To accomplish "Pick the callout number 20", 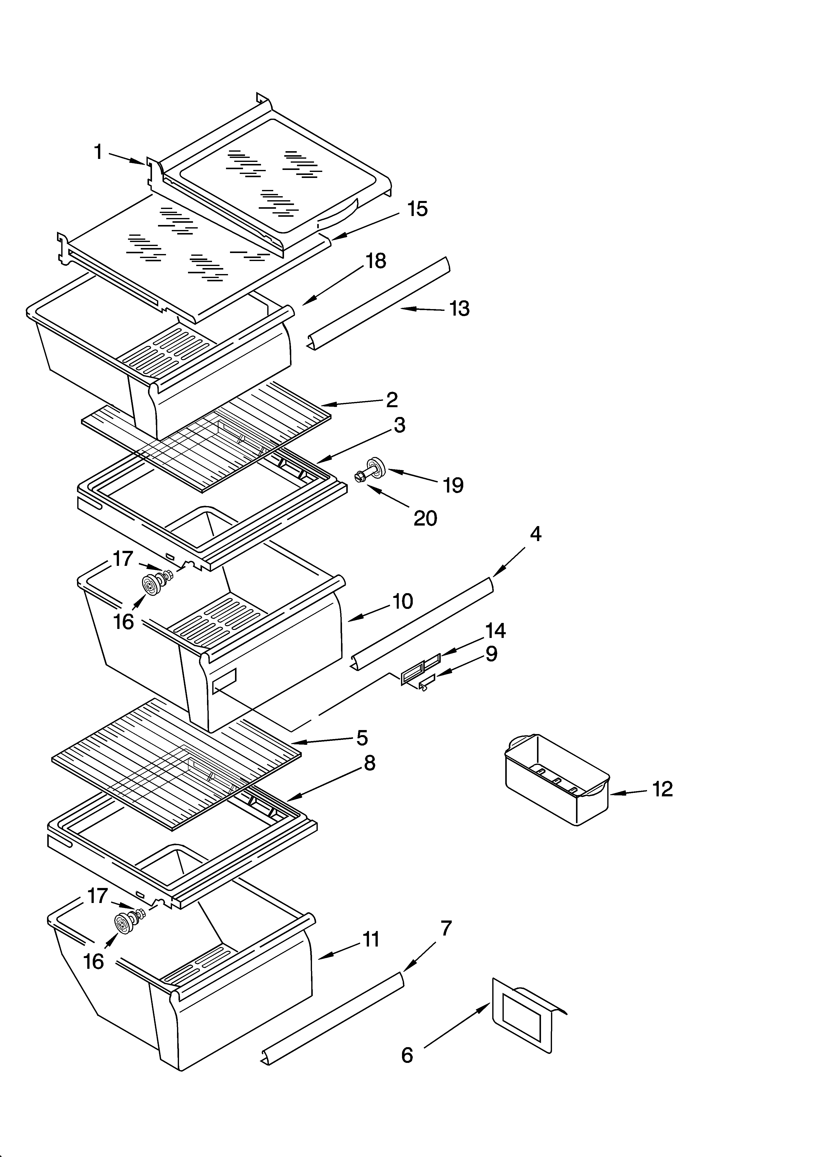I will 425,518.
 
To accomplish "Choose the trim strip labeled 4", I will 423,622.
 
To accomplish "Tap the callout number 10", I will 403,601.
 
